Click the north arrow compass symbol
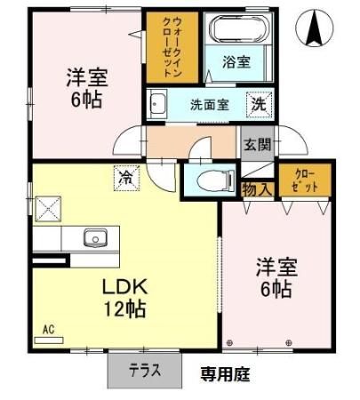pos(315,28)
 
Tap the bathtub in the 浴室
pos(239,29)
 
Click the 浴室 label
pos(236,62)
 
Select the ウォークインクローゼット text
pos(172,47)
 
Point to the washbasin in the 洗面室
pos(157,103)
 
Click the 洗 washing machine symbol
pos(260,105)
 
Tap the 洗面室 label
pos(210,105)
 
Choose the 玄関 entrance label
pos(257,145)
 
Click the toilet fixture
pos(216,180)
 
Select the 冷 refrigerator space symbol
pos(127,178)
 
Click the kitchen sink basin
pos(95,237)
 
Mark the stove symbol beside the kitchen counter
pos(48,209)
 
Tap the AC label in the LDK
pos(49,330)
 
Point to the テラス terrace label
pos(145,371)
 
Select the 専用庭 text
pos(225,374)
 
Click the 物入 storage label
pos(257,189)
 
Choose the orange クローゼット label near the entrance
pos(304,181)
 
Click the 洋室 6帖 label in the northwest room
pos(86,88)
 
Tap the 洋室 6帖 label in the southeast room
pos(276,278)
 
